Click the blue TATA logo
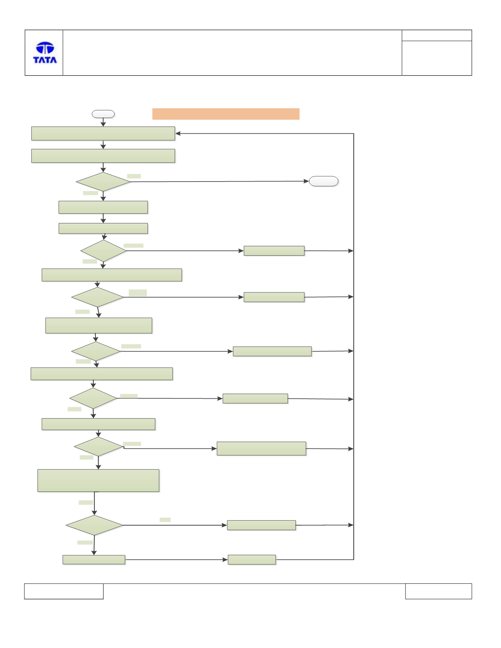tap(45, 52)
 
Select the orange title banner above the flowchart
tap(226, 114)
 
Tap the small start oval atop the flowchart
tap(103, 114)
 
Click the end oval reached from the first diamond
tap(324, 181)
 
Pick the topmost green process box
tap(103, 134)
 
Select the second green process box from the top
tap(103, 156)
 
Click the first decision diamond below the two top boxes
tap(103, 182)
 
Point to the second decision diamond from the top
tap(103, 251)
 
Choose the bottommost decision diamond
tap(94, 525)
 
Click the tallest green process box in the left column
tap(98, 481)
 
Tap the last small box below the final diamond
tap(94, 560)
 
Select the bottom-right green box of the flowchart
tap(252, 560)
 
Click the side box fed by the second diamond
tap(274, 251)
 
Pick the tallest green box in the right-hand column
tap(261, 448)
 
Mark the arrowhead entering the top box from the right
tap(178, 133)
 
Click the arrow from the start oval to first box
tap(103, 122)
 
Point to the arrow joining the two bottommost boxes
tap(176, 560)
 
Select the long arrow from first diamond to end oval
tap(220, 182)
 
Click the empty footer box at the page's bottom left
tap(64, 591)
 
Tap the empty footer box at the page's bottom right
tap(438, 591)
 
